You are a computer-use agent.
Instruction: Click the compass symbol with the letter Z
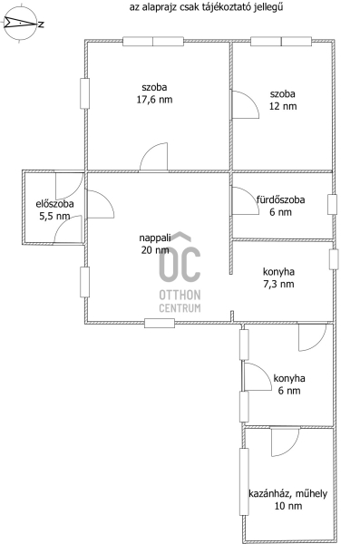(x=20, y=24)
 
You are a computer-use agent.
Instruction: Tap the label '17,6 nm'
(x=154, y=100)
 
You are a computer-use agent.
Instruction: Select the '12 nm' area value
(x=283, y=106)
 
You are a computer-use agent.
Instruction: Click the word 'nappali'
(x=155, y=238)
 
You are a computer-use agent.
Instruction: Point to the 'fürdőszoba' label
(x=281, y=199)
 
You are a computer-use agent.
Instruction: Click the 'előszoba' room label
(x=54, y=204)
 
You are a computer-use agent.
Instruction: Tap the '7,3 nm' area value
(x=278, y=284)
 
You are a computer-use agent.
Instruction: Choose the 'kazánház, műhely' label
(x=287, y=493)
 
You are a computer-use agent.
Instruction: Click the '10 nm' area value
(x=288, y=506)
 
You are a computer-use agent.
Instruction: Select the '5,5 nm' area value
(x=54, y=216)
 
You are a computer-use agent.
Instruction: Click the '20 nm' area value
(x=155, y=250)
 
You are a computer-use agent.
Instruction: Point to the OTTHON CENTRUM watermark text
(x=180, y=301)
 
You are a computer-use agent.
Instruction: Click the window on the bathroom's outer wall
(x=332, y=204)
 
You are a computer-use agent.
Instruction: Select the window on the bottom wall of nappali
(x=160, y=323)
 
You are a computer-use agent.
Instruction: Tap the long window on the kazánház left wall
(x=244, y=481)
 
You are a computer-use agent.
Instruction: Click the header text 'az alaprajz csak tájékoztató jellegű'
(x=206, y=7)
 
